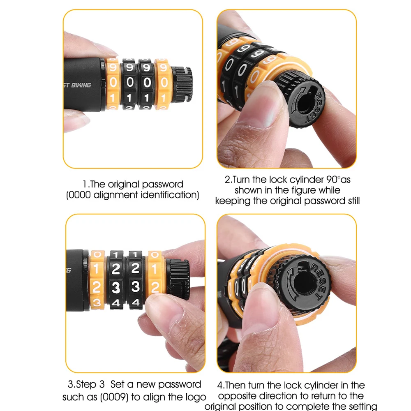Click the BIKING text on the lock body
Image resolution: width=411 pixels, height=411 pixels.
[81, 85]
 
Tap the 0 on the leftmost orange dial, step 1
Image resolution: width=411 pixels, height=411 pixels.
[113, 83]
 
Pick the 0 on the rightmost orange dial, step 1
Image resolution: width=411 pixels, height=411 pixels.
[164, 83]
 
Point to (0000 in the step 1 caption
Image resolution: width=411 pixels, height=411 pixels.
[79, 195]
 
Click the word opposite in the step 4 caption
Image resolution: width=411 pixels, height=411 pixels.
[238, 396]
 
